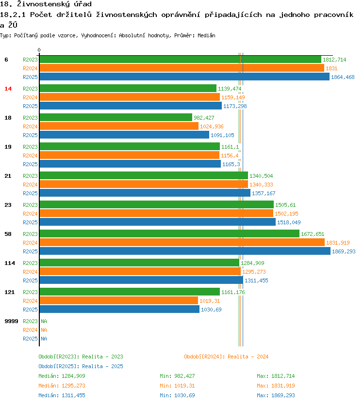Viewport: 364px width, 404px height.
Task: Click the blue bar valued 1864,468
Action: [184, 77]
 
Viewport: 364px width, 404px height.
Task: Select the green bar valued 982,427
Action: [116, 118]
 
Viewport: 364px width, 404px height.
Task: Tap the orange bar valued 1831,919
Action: [182, 243]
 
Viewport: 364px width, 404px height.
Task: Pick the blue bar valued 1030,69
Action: [119, 310]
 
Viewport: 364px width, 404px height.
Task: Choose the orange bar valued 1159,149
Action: [130, 97]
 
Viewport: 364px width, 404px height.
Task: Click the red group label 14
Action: [8, 89]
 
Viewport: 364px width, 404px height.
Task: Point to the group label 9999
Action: [11, 321]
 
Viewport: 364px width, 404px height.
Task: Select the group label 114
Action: [9, 263]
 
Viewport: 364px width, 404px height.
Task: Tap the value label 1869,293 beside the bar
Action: [344, 251]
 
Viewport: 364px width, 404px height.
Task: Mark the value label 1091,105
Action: [222, 135]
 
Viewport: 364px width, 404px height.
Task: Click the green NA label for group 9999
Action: [44, 321]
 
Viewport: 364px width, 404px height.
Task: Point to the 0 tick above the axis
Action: [39, 50]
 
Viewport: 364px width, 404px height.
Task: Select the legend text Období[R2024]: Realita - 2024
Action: [226, 357]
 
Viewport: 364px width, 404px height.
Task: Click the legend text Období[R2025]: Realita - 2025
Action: [81, 366]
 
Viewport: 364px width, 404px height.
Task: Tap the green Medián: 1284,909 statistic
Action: [62, 376]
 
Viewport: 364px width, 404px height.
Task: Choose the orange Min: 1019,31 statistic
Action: [177, 386]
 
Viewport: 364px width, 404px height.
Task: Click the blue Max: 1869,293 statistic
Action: [276, 395]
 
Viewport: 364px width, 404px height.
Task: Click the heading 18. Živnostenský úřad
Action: [46, 4]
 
